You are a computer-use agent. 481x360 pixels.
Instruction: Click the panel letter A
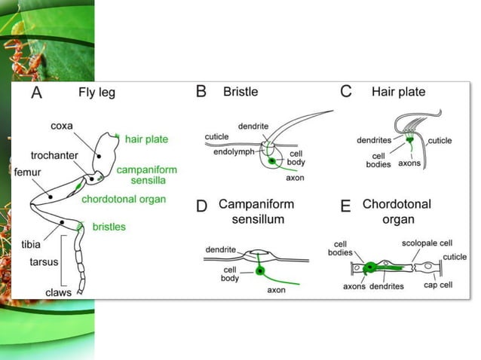[37, 93]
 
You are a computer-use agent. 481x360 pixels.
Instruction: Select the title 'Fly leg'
[97, 93]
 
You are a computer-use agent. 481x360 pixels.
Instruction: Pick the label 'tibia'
[31, 245]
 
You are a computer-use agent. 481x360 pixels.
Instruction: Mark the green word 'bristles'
[109, 226]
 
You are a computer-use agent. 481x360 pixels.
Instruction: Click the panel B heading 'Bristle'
[240, 92]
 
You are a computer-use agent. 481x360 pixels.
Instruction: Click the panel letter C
[345, 92]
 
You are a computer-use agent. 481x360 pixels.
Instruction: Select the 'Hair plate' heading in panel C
[398, 92]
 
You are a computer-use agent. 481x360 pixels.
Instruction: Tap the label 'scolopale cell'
[427, 243]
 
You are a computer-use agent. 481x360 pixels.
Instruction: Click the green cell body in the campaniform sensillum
[260, 270]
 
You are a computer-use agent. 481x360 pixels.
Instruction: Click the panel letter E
[345, 206]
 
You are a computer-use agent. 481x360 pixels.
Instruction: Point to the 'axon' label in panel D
[277, 290]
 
